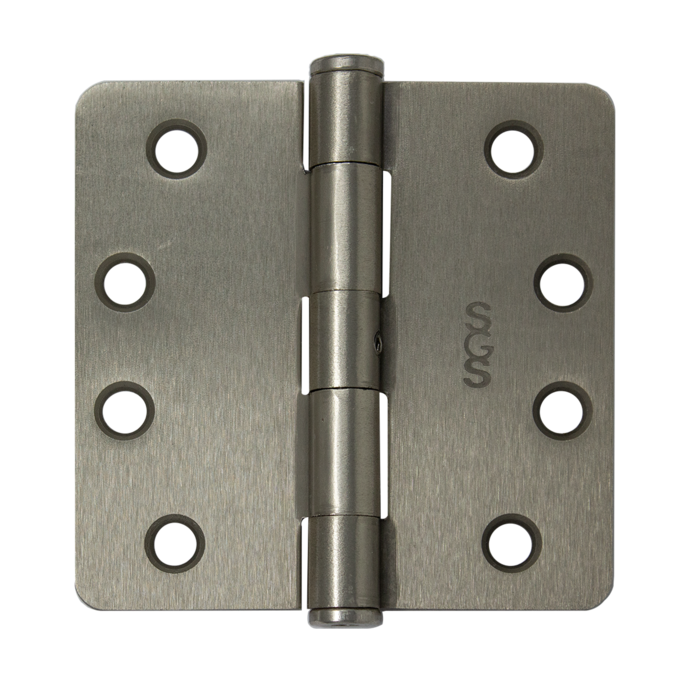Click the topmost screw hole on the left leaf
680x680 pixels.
click(x=177, y=150)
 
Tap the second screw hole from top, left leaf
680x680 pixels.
click(x=125, y=283)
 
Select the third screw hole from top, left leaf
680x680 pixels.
click(x=125, y=411)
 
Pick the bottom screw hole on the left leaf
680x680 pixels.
click(x=175, y=544)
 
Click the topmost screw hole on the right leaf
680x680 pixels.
click(x=514, y=150)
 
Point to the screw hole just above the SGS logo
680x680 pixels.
click(x=563, y=283)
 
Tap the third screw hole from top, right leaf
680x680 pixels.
click(x=562, y=411)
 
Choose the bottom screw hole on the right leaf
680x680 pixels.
click(x=512, y=544)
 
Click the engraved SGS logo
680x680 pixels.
click(x=477, y=344)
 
